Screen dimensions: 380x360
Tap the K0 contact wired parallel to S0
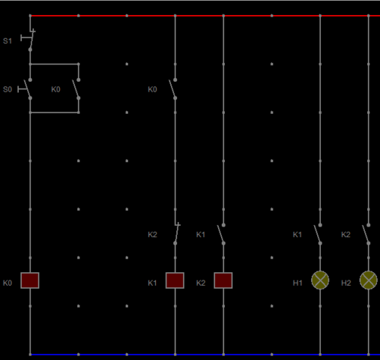coord(76,89)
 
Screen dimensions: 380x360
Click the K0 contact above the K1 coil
coord(172,89)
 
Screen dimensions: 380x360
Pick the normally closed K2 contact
coord(176,234)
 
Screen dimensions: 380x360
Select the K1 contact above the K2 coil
coord(221,234)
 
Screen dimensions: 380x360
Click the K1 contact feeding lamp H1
coord(318,234)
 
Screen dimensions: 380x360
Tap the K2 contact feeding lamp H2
coord(366,234)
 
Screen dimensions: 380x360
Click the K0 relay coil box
coord(30,280)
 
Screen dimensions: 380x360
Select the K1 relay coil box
coord(175,280)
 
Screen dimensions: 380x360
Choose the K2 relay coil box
coord(223,280)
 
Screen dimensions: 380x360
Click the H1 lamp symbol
coord(320,280)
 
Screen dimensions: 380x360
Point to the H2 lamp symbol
coord(368,280)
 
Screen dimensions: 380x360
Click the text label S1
coord(7,41)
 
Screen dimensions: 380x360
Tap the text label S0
coord(7,89)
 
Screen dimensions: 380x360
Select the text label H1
coord(298,283)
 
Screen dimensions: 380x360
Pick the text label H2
coord(346,283)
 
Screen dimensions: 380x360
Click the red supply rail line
coord(205,16)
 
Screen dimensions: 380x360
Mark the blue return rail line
coord(205,355)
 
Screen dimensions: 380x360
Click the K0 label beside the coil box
coord(7,283)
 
